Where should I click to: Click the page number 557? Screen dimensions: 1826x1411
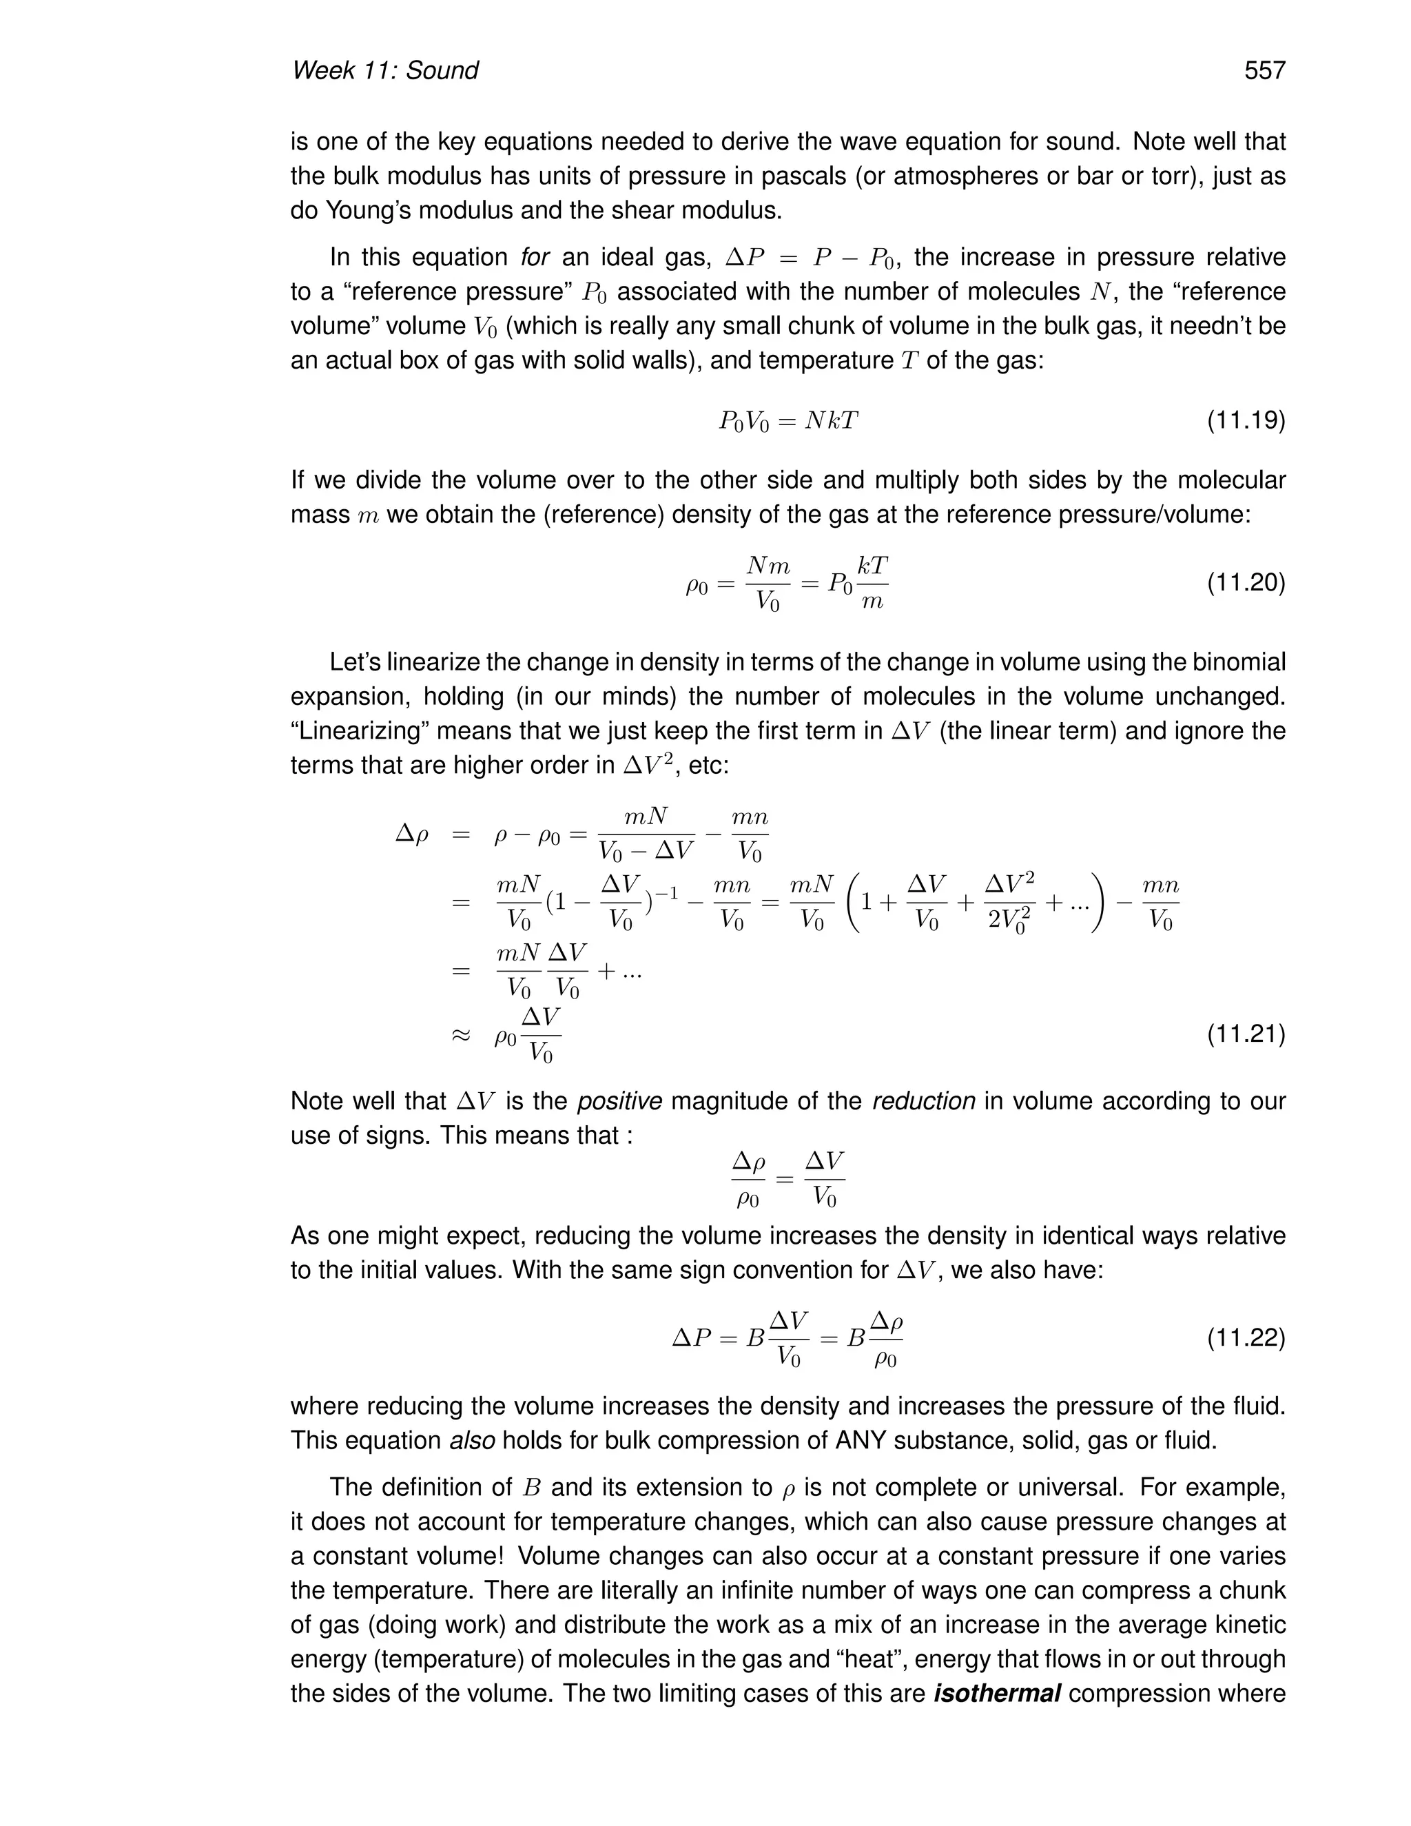click(1264, 70)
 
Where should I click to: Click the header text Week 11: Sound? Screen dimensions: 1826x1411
click(384, 70)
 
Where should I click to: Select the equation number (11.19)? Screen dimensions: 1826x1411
click(1246, 420)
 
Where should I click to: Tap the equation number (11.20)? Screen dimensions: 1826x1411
click(1246, 582)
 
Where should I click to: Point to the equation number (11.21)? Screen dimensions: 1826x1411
click(1246, 1035)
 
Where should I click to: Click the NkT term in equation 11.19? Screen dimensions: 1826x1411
click(831, 420)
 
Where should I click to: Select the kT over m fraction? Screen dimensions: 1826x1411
click(872, 583)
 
